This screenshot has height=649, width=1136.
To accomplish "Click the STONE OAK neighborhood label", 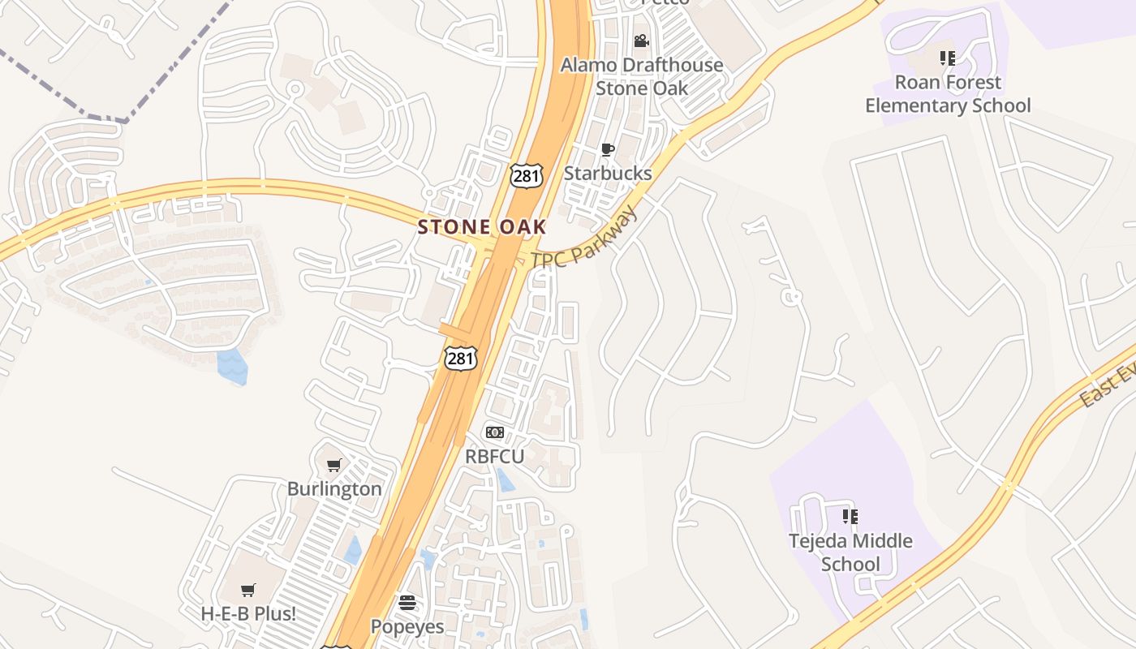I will tap(482, 227).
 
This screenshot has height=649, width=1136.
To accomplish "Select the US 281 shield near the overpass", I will tap(460, 357).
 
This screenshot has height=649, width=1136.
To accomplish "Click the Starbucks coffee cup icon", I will tap(607, 149).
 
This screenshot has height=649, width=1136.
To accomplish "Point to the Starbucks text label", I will tap(608, 174).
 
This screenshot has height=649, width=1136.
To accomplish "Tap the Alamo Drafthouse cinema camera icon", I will tap(641, 41).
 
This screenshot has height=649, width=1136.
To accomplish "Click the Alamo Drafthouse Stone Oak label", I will tap(642, 76).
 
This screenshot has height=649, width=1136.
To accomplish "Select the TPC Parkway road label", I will tap(584, 239).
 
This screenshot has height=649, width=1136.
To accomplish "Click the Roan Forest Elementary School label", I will tap(948, 94).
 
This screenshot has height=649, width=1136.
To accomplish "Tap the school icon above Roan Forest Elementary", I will tap(947, 58).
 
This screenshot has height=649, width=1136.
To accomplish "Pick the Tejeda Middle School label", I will tap(850, 552).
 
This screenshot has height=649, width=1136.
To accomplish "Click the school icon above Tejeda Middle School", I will tap(850, 516).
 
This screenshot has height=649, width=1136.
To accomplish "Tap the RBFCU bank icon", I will tap(494, 432).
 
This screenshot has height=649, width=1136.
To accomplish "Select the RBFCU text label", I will tap(494, 457).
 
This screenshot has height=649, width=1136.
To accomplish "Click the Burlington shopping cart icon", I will tap(333, 465).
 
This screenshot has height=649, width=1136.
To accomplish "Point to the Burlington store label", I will tap(334, 489).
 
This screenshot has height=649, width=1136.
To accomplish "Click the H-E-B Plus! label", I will tap(248, 614).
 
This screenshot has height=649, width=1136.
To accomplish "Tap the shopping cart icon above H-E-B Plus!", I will tap(248, 590).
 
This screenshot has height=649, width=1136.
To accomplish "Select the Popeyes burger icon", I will tap(407, 603).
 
